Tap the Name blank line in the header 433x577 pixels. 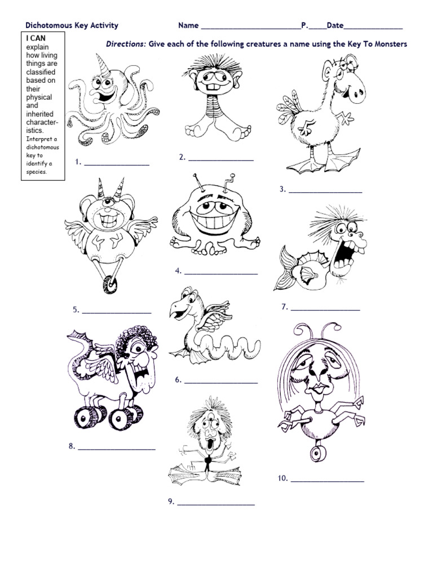coord(250,26)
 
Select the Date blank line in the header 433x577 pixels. coord(373,26)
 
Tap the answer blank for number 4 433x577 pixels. coord(221,273)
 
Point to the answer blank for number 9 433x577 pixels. coord(216,503)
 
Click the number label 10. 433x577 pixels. coord(282,479)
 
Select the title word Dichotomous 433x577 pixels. coord(48,25)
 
